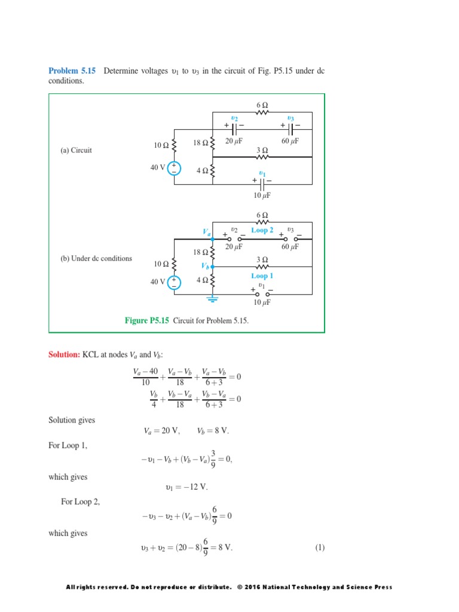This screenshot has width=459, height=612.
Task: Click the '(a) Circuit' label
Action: click(76, 151)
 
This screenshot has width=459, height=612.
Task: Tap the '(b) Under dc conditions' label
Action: click(96, 259)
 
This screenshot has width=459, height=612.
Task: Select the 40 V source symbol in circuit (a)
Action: click(174, 168)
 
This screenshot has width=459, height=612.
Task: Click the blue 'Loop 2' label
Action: click(262, 230)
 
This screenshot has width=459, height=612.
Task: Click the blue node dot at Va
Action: click(213, 238)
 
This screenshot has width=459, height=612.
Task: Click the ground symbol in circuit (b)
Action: click(213, 298)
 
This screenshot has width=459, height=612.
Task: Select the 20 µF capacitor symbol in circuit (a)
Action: click(234, 128)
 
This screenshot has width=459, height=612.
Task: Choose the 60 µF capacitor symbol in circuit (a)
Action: click(291, 128)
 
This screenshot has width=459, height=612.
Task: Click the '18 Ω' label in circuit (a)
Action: click(200, 143)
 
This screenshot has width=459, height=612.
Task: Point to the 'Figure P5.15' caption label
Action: click(147, 321)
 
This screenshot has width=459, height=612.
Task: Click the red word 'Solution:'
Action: click(64, 355)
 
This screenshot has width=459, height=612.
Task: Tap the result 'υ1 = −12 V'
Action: click(186, 487)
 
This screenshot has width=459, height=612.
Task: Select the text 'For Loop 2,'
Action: click(81, 502)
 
